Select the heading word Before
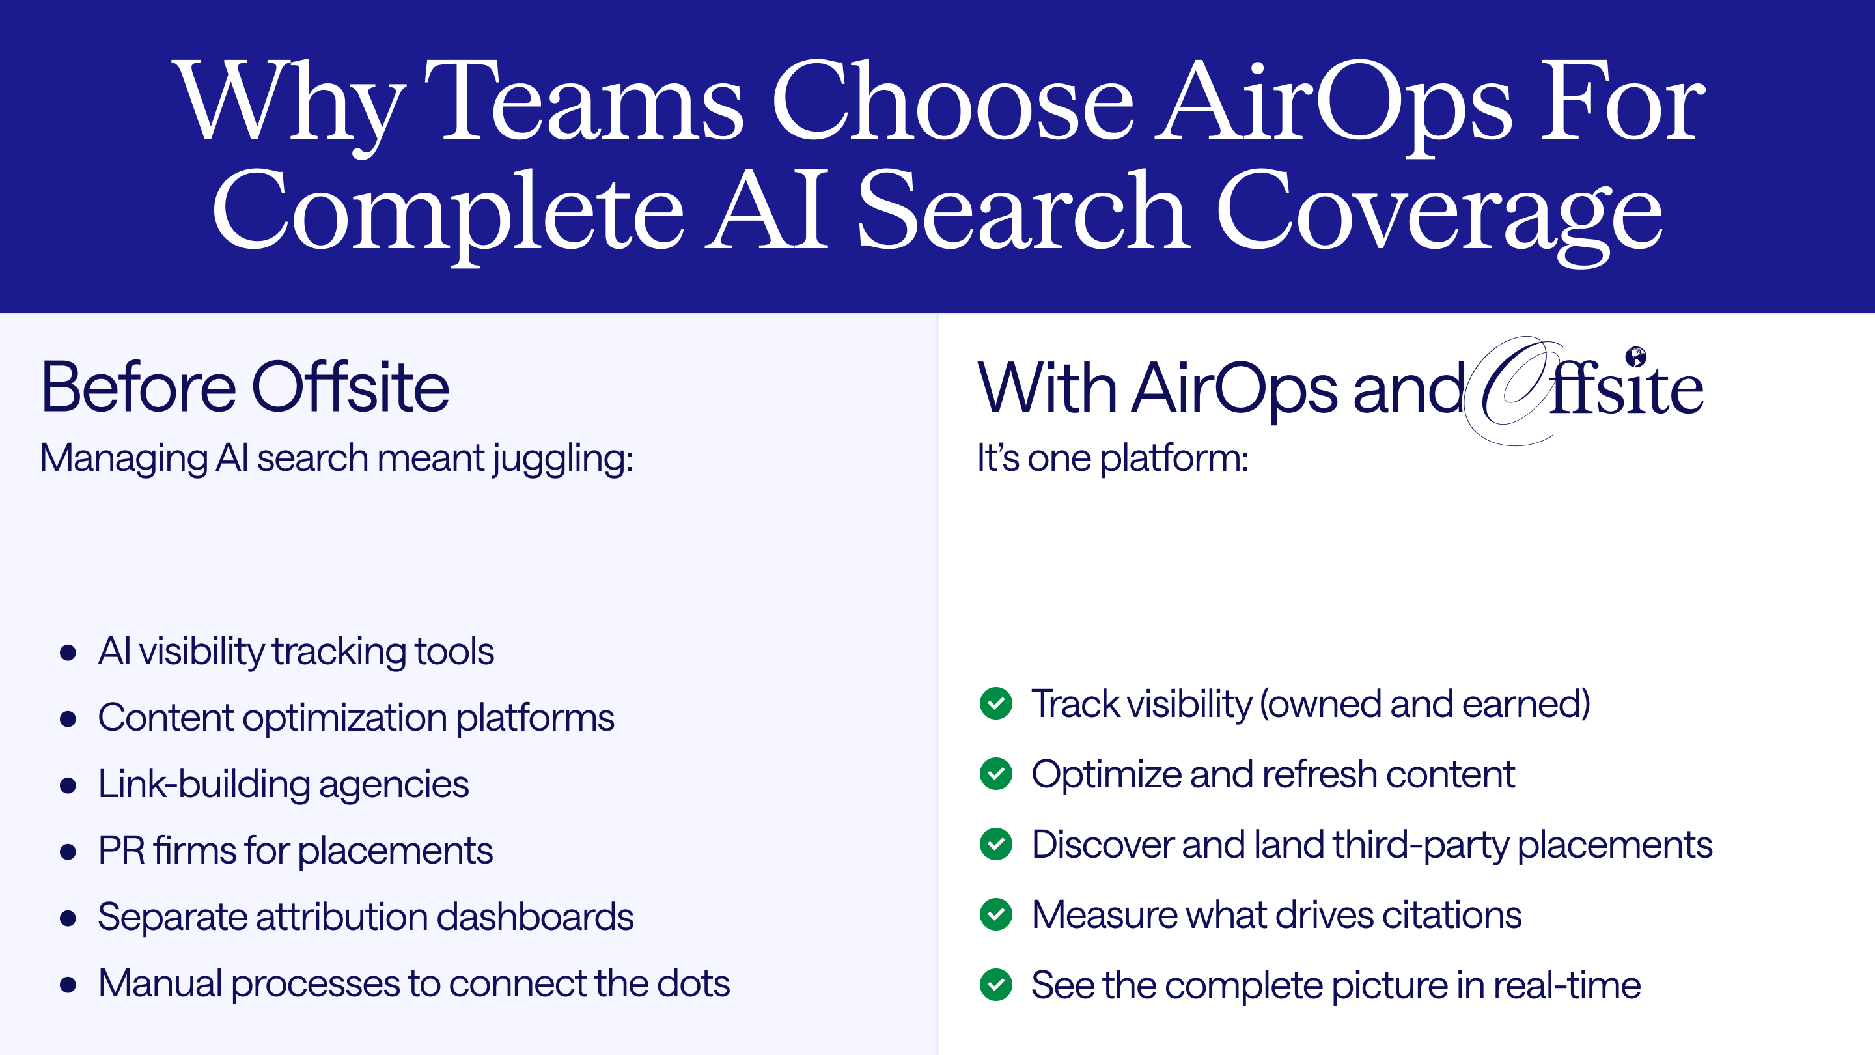click(x=138, y=387)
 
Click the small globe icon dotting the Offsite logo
click(x=1635, y=356)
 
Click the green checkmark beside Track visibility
click(x=995, y=703)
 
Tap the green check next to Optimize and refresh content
click(x=995, y=774)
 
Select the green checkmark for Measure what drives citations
click(x=995, y=914)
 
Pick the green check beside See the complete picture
click(x=995, y=985)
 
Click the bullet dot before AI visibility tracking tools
click(x=68, y=653)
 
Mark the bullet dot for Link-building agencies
click(x=68, y=785)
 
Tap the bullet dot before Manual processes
click(x=68, y=985)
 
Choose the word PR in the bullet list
click(x=121, y=851)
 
